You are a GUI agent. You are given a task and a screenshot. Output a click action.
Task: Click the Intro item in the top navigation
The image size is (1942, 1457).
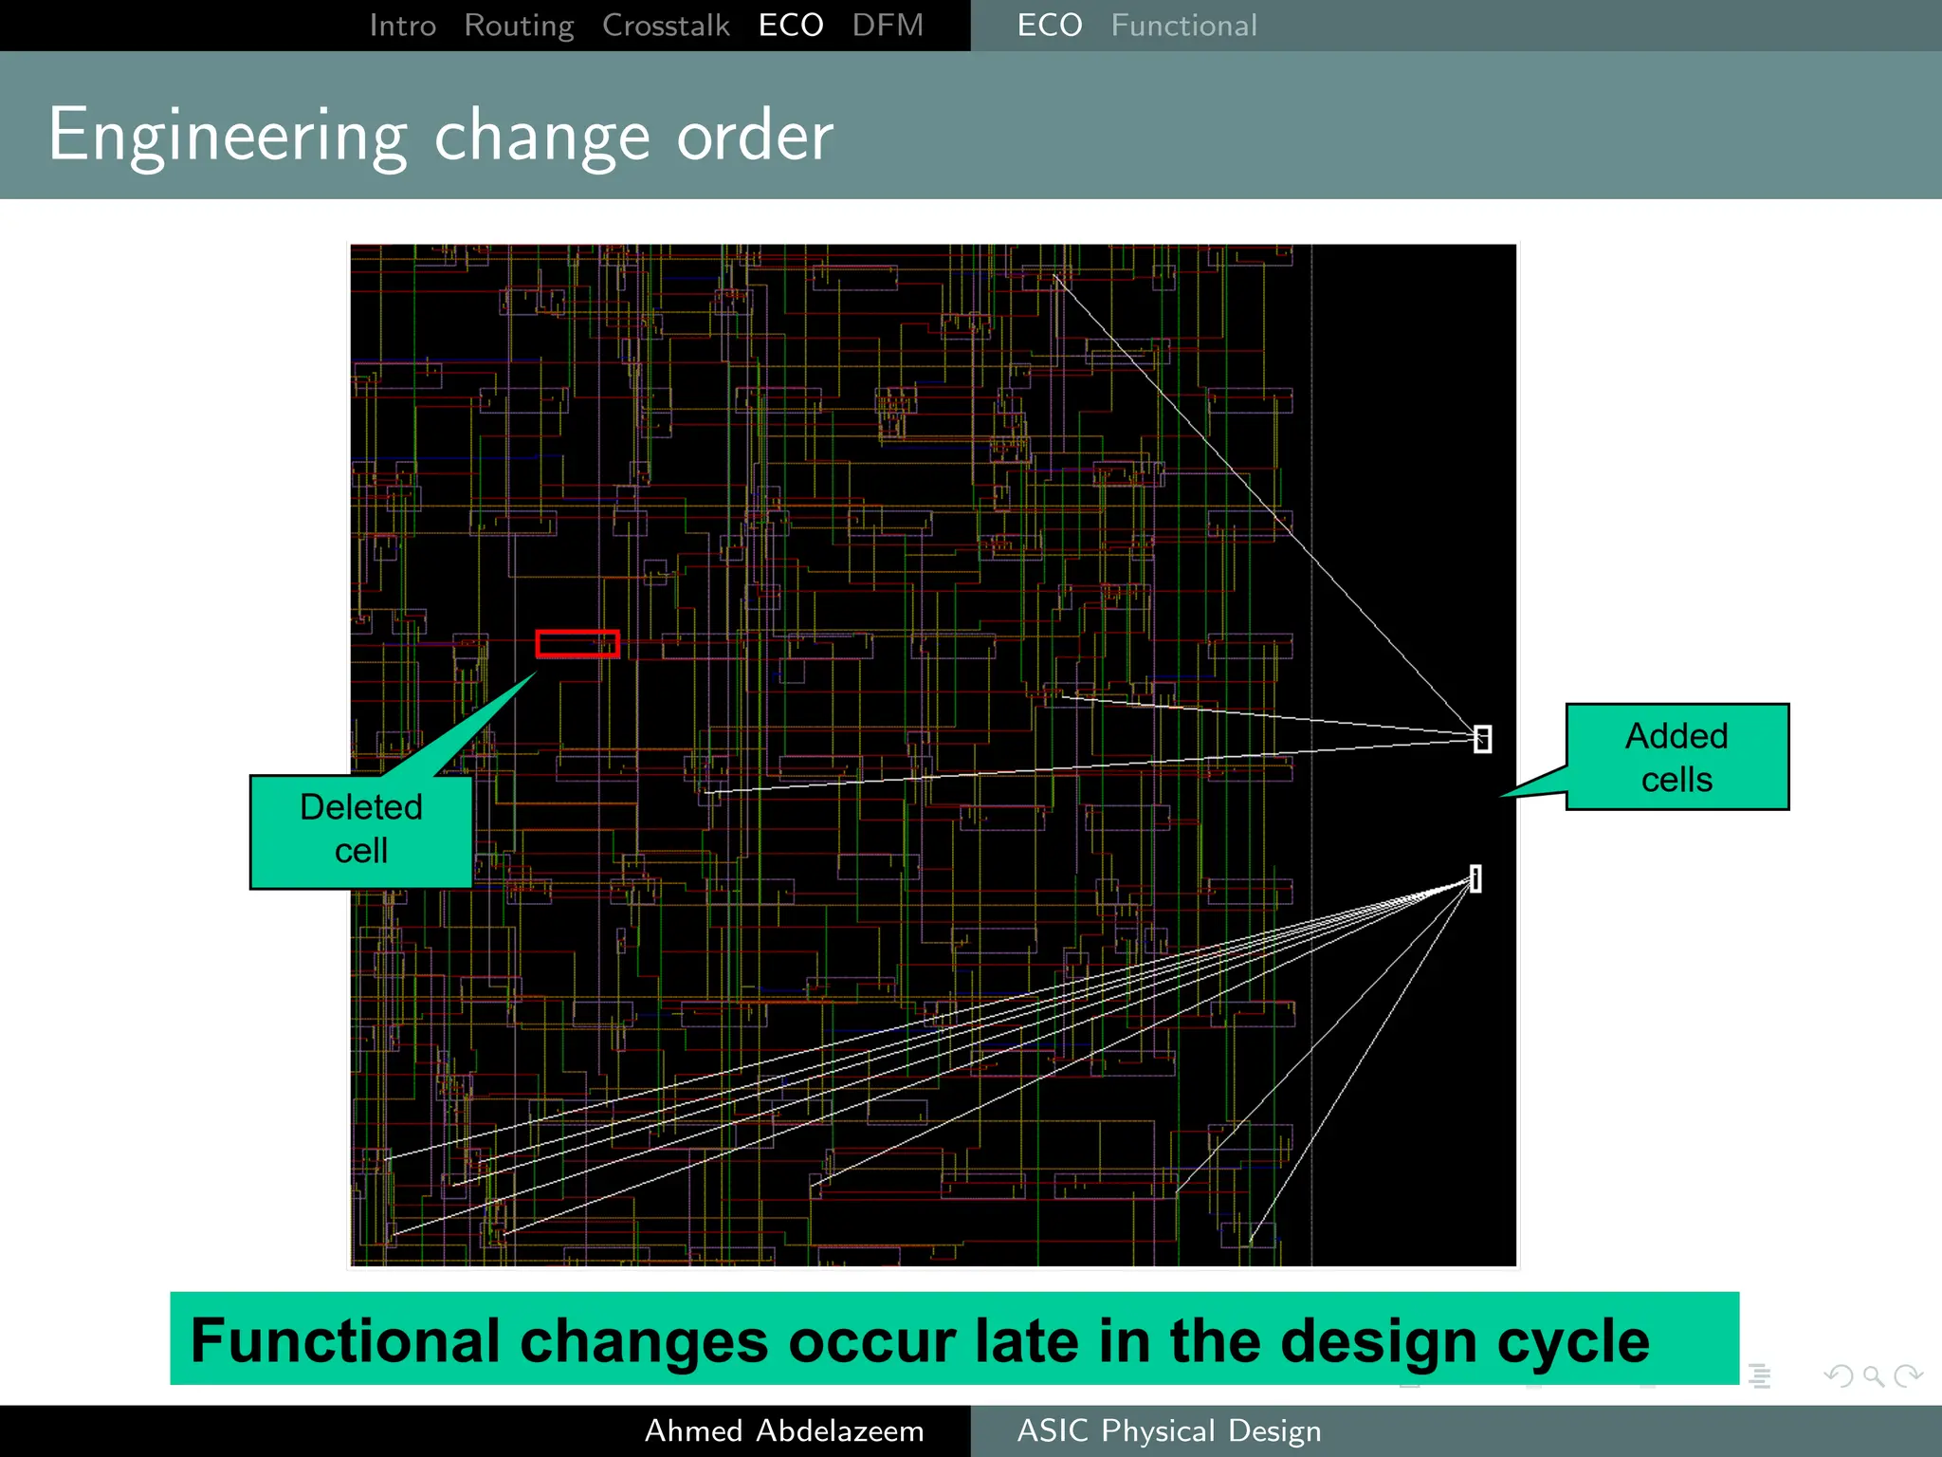pyautogui.click(x=402, y=26)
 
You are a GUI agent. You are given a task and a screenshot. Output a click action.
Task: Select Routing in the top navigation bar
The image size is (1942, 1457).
pyautogui.click(x=519, y=26)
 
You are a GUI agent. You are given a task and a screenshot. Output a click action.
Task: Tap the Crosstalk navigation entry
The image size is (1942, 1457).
pyautogui.click(x=666, y=26)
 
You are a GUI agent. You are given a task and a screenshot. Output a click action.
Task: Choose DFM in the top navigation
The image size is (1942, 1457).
pyautogui.click(x=887, y=26)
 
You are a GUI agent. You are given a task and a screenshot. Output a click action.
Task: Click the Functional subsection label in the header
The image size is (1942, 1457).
pyautogui.click(x=1183, y=26)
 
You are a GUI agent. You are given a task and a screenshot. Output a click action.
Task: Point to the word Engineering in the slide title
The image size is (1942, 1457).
pyautogui.click(x=228, y=137)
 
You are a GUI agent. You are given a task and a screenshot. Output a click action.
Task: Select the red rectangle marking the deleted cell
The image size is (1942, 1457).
pyautogui.click(x=577, y=644)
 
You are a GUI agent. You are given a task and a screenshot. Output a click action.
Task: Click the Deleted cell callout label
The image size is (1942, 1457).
pyautogui.click(x=361, y=829)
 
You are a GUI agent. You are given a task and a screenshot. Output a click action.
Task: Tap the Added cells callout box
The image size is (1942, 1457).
pyautogui.click(x=1676, y=757)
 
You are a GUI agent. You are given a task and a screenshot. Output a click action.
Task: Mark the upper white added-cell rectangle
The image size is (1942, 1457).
pyautogui.click(x=1482, y=739)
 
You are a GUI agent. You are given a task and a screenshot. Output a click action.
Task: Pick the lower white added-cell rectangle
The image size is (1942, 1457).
pyautogui.click(x=1475, y=878)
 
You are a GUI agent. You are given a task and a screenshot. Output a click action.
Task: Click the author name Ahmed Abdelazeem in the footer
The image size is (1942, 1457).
pyautogui.click(x=784, y=1430)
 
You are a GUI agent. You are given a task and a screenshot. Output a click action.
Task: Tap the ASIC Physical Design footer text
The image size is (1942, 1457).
pyautogui.click(x=1168, y=1430)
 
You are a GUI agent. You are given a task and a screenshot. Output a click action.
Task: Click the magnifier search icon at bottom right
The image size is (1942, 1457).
pyautogui.click(x=1873, y=1375)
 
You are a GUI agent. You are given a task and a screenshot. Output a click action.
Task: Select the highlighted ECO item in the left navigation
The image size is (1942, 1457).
pyautogui.click(x=791, y=26)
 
